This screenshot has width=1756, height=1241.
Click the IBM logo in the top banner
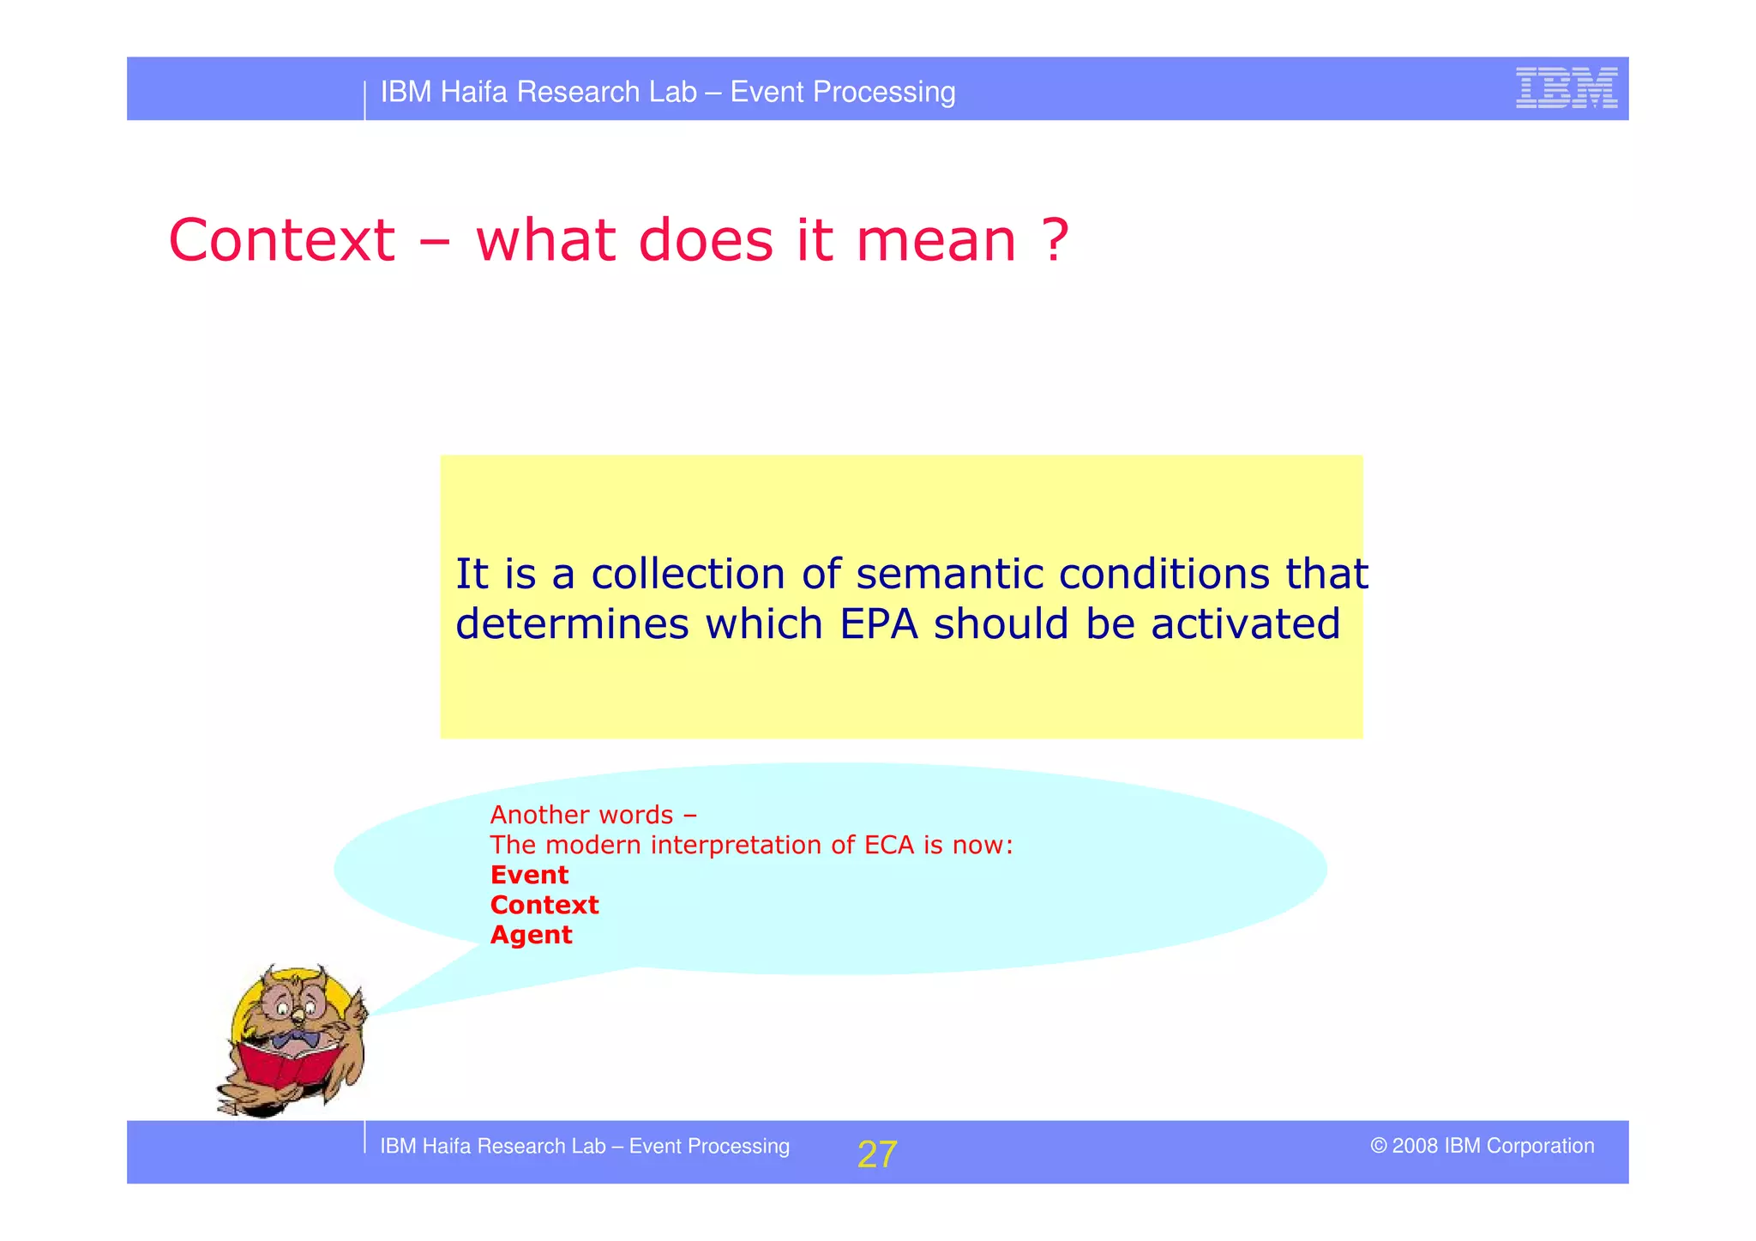1566,87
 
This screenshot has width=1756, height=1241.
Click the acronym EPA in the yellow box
879,624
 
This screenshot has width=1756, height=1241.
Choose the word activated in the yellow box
1245,624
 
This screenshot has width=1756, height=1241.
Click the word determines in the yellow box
572,624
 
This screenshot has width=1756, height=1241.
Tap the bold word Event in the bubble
529,875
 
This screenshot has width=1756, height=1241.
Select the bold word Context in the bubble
544,905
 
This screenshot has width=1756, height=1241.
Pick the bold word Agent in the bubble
531,935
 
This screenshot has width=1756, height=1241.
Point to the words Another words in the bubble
582,815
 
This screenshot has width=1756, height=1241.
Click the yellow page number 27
876,1154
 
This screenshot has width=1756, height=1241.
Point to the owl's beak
297,1018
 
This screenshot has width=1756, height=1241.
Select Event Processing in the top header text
843,92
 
